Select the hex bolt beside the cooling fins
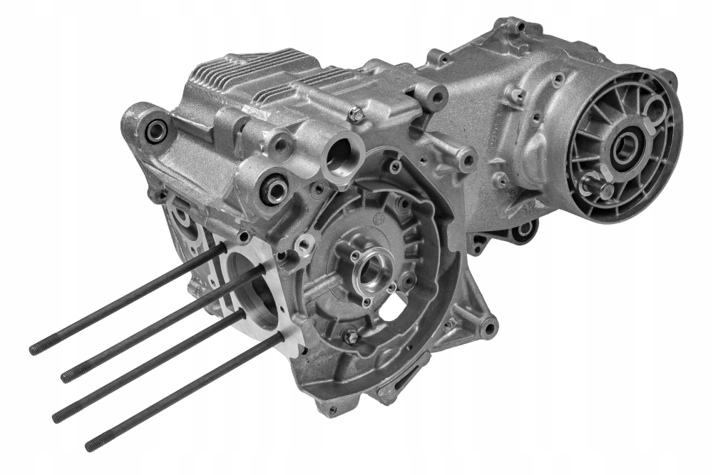(x=355, y=112)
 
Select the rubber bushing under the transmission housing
(x=525, y=229)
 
